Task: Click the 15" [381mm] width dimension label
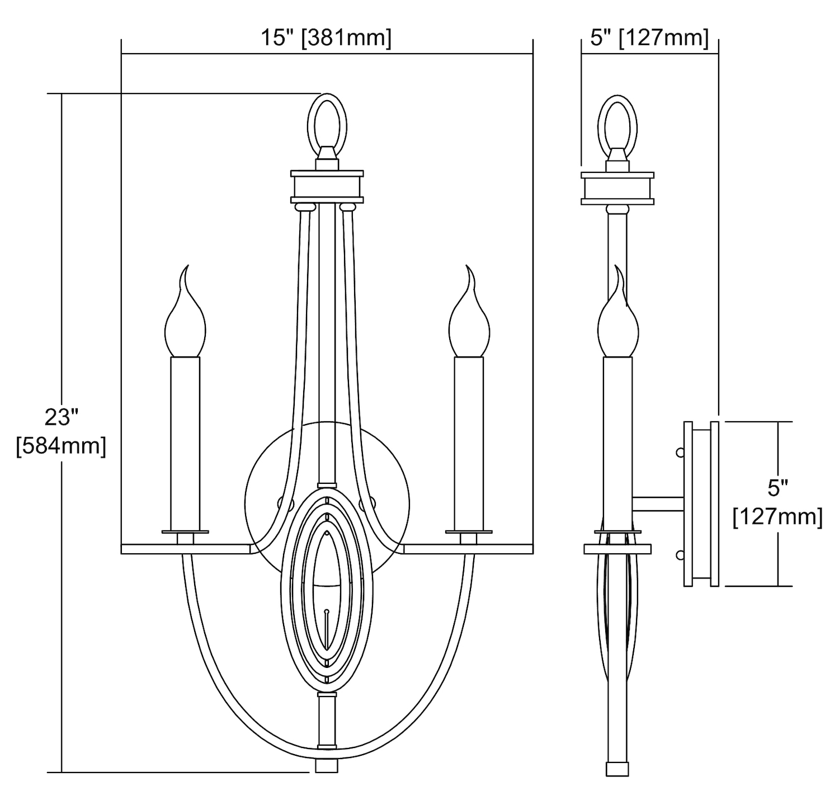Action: [326, 38]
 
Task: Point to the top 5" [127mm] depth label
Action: [649, 38]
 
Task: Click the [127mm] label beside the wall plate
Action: [777, 517]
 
